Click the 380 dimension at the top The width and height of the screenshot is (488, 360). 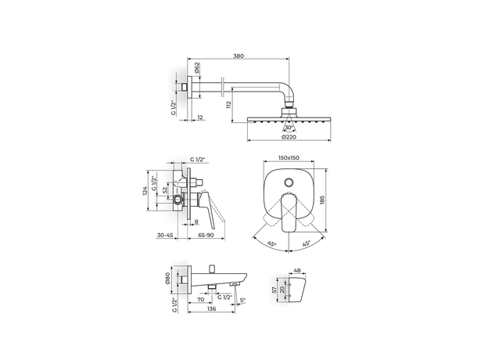(239, 56)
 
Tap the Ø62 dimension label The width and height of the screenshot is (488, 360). (197, 68)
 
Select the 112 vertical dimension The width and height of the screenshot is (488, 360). (229, 105)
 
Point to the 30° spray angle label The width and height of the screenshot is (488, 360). (289, 128)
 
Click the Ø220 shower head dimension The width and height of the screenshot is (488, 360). (289, 137)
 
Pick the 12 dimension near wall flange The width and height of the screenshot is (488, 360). (200, 117)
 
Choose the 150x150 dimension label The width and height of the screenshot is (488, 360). (289, 157)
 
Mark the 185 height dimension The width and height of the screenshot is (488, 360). (321, 200)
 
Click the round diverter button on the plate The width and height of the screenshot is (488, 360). (289, 183)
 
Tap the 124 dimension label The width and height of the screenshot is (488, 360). (145, 191)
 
